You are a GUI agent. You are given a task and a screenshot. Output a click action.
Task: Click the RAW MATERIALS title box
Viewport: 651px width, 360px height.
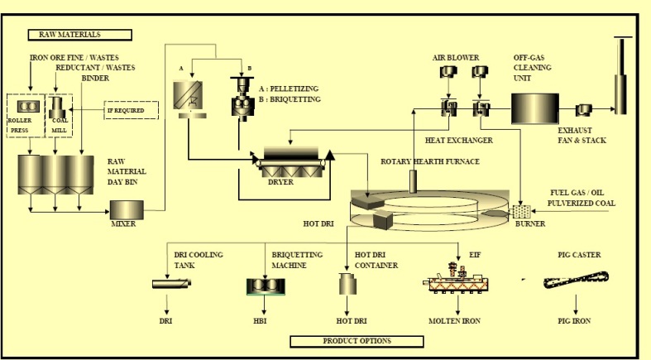[x=80, y=35]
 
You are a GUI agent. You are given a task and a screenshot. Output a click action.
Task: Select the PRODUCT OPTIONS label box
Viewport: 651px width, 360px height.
[x=357, y=340]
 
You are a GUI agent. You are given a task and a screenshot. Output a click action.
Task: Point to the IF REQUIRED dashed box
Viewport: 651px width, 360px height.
[x=131, y=109]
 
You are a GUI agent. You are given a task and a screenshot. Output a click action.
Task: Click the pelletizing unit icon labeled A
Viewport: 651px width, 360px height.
[x=188, y=98]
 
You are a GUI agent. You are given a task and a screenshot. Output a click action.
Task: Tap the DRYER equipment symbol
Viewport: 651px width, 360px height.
[x=291, y=159]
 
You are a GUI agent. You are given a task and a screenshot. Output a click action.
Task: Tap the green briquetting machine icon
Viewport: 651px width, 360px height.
[x=267, y=285]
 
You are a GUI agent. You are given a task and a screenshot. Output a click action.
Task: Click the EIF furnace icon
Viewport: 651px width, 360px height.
[x=457, y=280]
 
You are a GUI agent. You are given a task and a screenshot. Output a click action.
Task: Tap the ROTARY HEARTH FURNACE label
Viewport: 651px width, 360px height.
[x=429, y=161]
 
